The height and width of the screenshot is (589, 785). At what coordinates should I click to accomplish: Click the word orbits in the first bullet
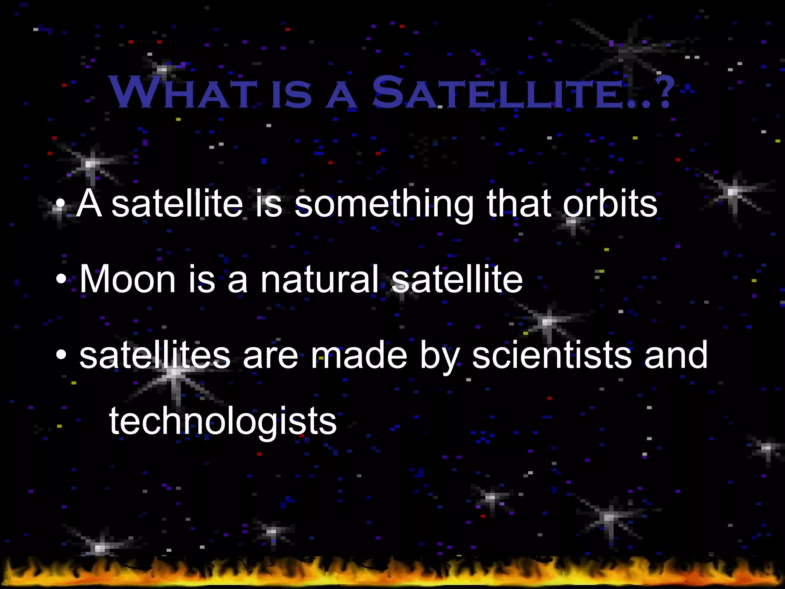coord(610,204)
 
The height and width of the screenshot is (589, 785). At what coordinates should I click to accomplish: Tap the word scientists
coord(552,356)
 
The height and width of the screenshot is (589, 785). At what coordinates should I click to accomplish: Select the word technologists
coord(223,422)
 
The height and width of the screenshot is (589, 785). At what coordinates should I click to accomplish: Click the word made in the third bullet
coord(359,356)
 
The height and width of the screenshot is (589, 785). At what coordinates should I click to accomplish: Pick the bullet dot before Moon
coord(61,280)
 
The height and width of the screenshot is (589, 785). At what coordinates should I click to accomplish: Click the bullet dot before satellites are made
coord(61,356)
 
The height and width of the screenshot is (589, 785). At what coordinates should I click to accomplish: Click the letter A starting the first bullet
coord(89,204)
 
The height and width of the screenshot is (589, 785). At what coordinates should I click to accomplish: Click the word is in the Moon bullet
coord(202,280)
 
